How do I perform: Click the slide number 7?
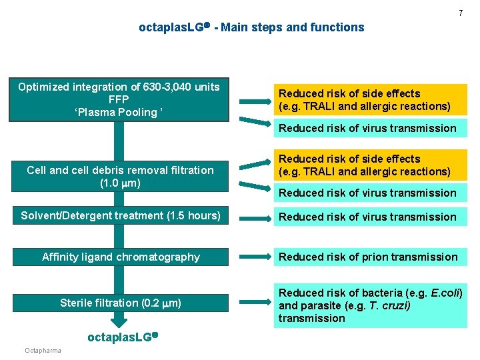[461, 13]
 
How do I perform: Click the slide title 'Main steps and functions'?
[293, 27]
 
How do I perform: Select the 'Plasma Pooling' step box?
[119, 99]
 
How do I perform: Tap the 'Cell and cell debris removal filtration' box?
[120, 177]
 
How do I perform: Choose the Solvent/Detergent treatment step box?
[120, 216]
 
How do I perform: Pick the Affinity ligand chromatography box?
[121, 257]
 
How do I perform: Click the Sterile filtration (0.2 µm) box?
[121, 303]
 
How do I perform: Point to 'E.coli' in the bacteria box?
[447, 293]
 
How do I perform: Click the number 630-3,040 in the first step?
[161, 87]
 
